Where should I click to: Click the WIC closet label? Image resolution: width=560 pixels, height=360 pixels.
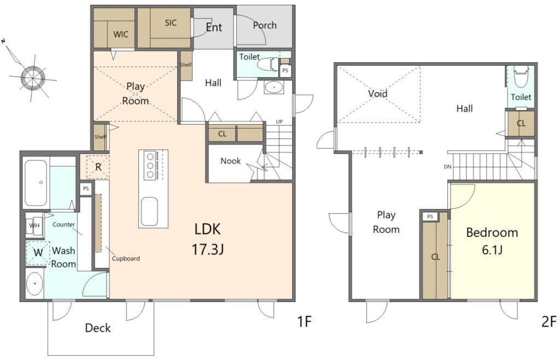121,34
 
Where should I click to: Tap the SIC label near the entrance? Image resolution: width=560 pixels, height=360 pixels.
171,23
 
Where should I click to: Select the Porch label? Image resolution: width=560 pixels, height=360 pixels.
265,25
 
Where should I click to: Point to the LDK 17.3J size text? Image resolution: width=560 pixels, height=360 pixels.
208,249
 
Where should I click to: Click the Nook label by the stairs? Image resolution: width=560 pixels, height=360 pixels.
230,161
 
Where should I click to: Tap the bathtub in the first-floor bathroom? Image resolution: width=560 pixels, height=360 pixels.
36,183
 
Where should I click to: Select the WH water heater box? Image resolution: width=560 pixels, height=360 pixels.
34,225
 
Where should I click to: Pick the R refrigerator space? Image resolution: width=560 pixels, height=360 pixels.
98,167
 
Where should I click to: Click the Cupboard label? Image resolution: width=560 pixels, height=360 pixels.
126,259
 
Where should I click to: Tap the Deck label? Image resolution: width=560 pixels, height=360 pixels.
98,328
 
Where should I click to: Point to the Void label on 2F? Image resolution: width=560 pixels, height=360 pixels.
378,94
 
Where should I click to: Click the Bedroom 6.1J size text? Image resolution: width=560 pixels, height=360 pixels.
492,250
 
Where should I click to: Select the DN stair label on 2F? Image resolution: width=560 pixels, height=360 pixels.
447,166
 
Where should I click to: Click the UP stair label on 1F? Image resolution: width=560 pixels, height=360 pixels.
279,122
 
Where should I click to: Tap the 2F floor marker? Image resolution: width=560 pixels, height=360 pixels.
549,322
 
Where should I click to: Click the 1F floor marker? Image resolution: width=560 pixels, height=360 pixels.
305,322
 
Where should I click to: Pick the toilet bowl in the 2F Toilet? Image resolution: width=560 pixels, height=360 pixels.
521,76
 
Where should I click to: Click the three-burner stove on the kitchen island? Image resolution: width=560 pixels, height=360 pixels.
150,165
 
